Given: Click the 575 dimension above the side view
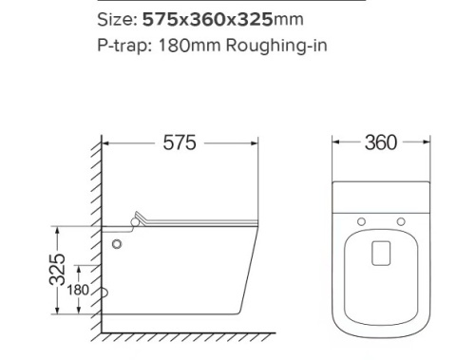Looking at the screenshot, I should coord(180,143).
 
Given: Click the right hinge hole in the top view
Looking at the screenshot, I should coord(401,221).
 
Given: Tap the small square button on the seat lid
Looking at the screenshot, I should coord(380,252).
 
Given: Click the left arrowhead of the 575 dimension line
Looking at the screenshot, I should coord(105,143).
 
